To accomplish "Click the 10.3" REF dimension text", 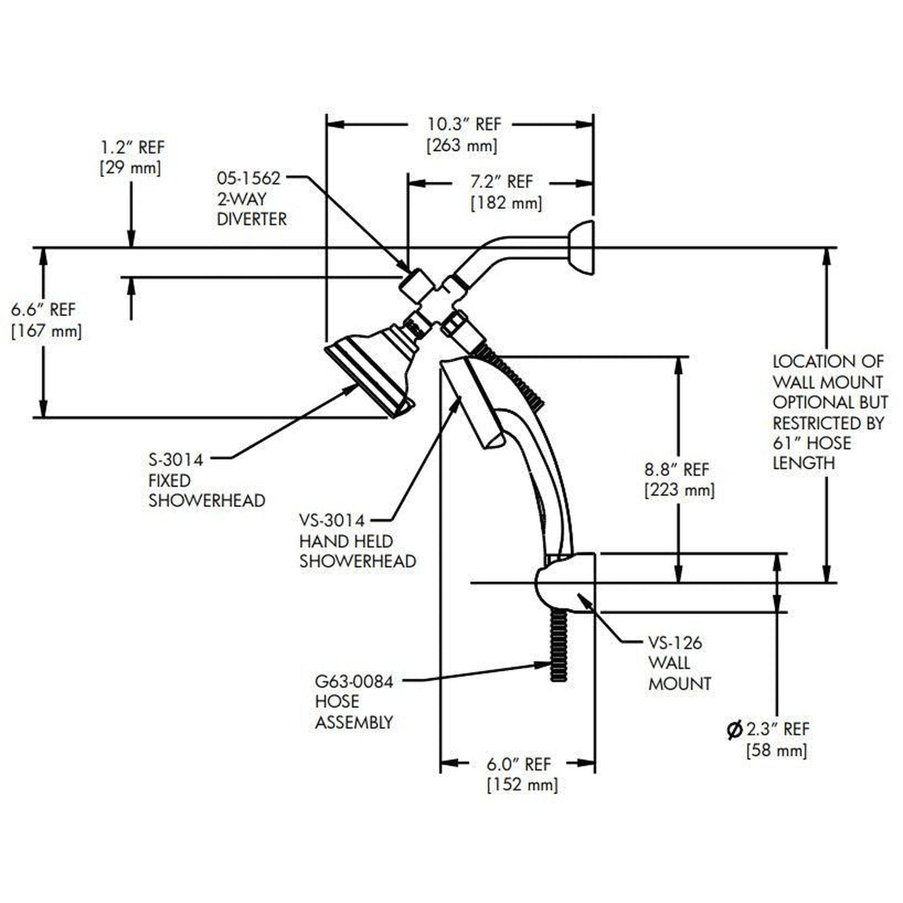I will click(464, 124).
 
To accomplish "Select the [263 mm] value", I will click(462, 146).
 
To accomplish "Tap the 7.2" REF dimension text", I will click(501, 182).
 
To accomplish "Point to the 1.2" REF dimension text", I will click(132, 148).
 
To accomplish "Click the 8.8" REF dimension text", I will click(677, 469).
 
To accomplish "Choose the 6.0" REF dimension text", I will click(519, 764).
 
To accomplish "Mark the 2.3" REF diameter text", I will click(777, 729).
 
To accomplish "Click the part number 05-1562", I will click(249, 178).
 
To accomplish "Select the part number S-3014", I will click(176, 460).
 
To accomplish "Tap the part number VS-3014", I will click(331, 520).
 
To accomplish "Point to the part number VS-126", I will click(675, 642).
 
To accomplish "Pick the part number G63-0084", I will click(354, 681).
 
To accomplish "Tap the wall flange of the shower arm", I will click(581, 247).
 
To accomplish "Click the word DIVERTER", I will click(251, 219).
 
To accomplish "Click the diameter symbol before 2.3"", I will click(735, 729).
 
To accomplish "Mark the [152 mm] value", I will click(522, 784).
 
